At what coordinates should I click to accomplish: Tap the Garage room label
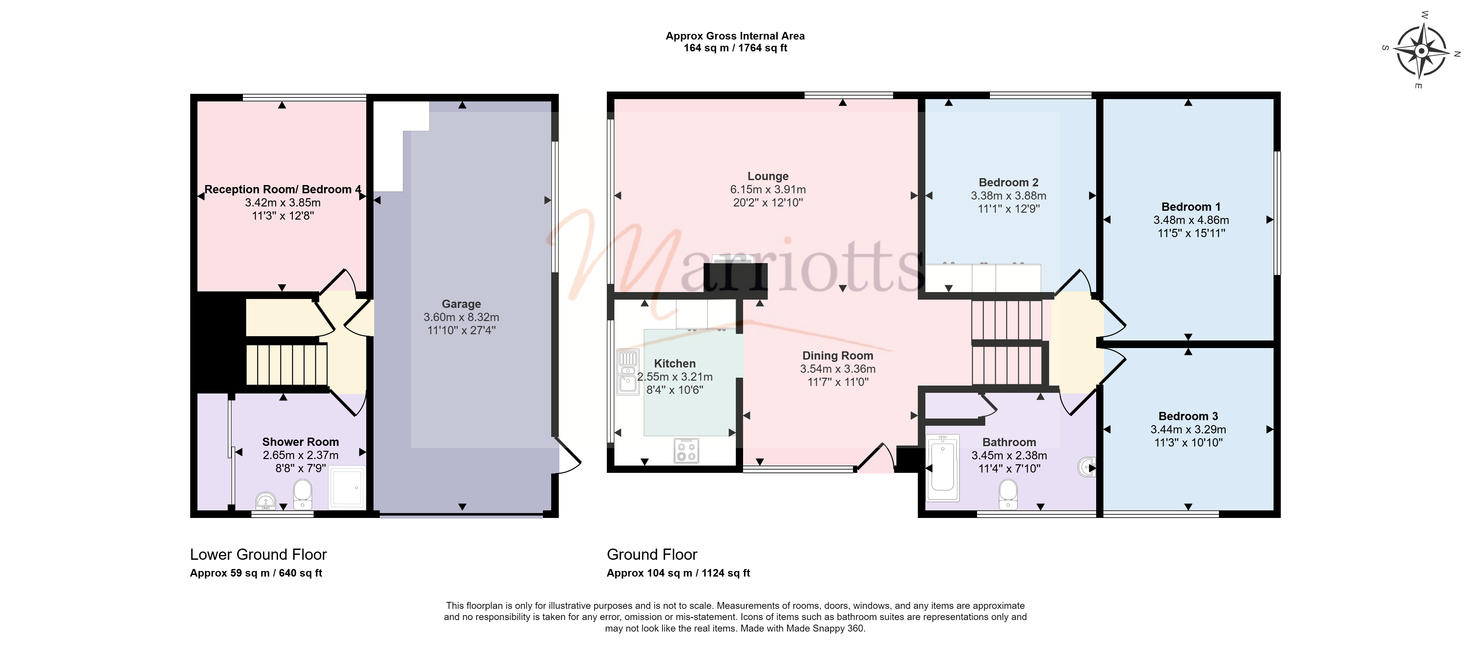461,304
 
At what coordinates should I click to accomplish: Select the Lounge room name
768,176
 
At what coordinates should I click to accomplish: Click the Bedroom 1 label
1191,207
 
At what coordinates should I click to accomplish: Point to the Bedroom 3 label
1188,416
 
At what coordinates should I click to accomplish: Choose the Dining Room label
838,355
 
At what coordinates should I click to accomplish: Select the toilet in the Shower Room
303,494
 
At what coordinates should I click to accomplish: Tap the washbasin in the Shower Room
266,501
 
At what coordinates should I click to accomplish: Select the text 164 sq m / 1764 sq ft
735,48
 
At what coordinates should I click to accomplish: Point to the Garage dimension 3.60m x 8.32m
461,317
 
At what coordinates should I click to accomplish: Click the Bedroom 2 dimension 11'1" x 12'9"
1009,208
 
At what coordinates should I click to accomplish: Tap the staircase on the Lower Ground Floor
287,364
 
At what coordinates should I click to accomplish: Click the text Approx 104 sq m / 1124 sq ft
678,573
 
